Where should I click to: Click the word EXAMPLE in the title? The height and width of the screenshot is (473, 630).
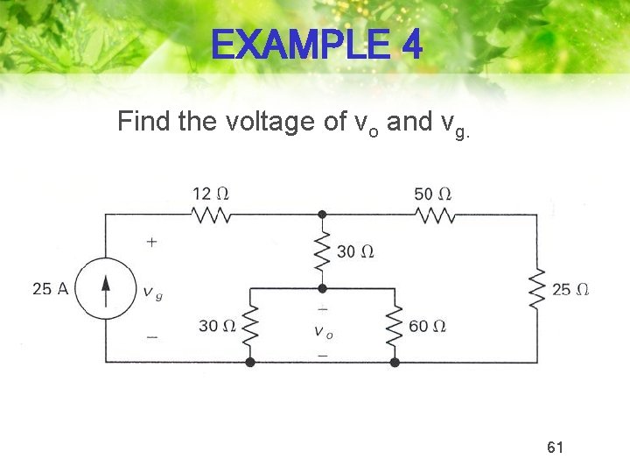[297, 46]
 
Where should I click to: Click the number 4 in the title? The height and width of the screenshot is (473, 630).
[412, 46]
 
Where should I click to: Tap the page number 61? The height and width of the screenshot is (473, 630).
[555, 448]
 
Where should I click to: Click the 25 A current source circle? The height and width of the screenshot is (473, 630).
[106, 288]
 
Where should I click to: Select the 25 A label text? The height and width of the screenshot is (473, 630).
[50, 288]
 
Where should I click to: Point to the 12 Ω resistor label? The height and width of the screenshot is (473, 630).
[213, 192]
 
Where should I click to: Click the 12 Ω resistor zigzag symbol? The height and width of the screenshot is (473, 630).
[211, 215]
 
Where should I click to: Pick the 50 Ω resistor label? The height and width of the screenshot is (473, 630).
[433, 193]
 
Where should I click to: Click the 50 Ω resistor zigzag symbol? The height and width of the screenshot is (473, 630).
[433, 215]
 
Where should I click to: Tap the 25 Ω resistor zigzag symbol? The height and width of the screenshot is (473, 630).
[537, 288]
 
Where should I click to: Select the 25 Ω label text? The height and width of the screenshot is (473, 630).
[570, 289]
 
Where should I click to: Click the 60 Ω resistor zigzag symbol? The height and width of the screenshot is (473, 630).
[395, 326]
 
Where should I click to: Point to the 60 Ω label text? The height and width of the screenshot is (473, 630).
[428, 326]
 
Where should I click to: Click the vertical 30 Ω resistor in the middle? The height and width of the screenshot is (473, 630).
[322, 251]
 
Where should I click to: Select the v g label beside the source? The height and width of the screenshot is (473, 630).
[152, 293]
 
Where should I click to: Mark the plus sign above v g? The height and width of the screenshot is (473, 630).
[152, 240]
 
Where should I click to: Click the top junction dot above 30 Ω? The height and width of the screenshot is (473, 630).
[322, 215]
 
